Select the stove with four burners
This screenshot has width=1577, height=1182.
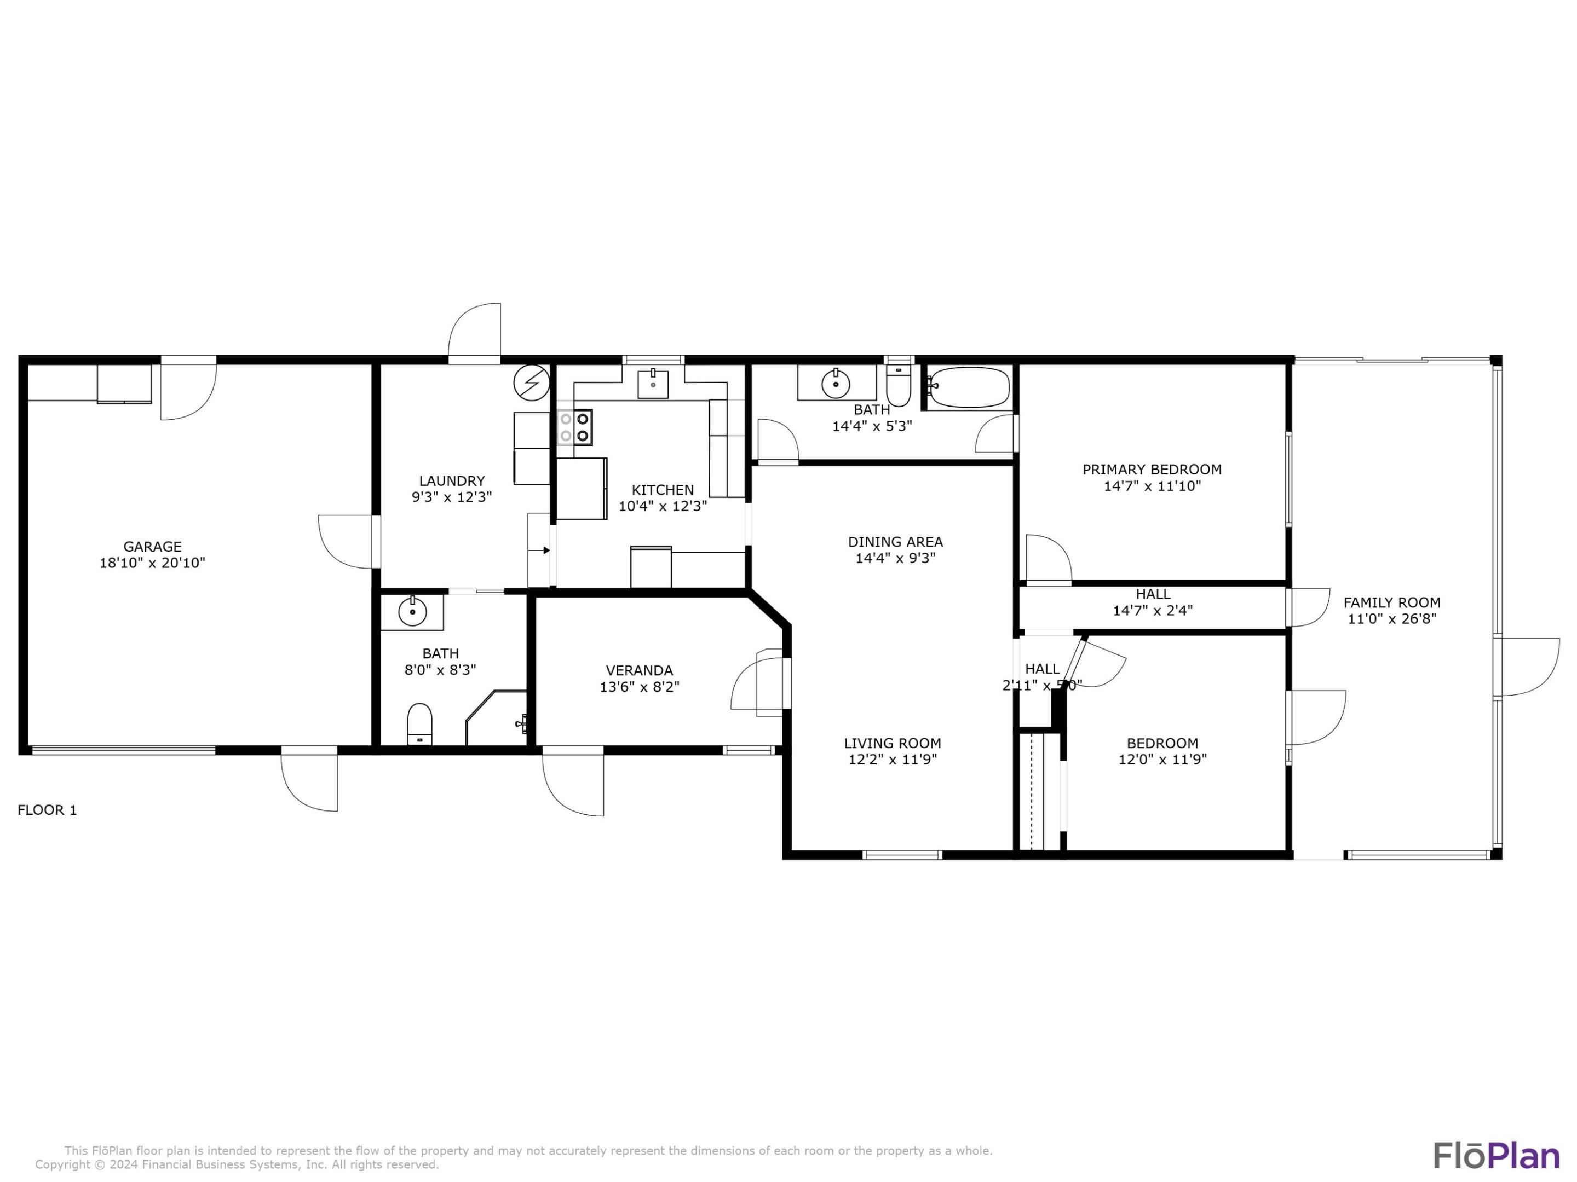tap(574, 427)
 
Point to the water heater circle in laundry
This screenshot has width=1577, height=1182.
tap(532, 383)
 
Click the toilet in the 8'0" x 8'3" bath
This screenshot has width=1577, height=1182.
tap(419, 724)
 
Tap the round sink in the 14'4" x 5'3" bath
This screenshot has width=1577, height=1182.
tap(836, 385)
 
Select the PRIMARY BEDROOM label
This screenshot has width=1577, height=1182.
tap(1152, 470)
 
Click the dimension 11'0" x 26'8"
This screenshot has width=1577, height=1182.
tap(1391, 619)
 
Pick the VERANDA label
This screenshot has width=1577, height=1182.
tap(639, 670)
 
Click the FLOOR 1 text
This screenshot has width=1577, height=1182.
tap(47, 810)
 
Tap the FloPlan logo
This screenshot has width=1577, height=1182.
tap(1497, 1155)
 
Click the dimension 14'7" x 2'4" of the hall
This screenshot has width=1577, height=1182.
tap(1152, 611)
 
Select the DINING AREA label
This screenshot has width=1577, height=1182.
tap(895, 542)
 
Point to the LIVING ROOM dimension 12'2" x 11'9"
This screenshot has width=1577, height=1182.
tap(892, 760)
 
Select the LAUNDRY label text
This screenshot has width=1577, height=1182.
tap(452, 481)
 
